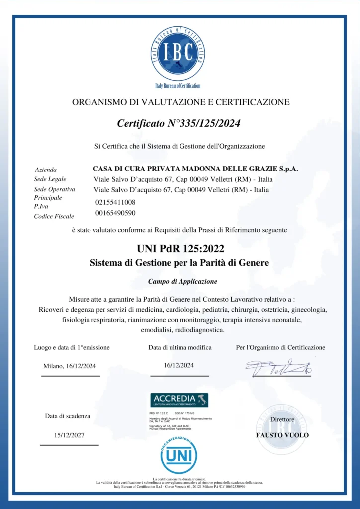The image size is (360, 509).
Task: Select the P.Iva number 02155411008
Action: pyautogui.click(x=115, y=203)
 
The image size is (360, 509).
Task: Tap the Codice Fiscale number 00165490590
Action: pyautogui.click(x=115, y=213)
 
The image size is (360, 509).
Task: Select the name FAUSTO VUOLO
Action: pyautogui.click(x=282, y=435)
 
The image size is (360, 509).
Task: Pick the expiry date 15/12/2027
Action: pyautogui.click(x=69, y=435)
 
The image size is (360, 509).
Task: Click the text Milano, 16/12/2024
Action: pyautogui.click(x=70, y=366)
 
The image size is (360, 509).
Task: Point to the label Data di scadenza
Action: pyautogui.click(x=68, y=416)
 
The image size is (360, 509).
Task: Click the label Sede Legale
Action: pyautogui.click(x=50, y=179)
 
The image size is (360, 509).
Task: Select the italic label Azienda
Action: pyautogui.click(x=46, y=170)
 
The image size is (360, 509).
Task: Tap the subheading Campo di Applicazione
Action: pyautogui.click(x=182, y=281)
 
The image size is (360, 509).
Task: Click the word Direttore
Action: pyautogui.click(x=282, y=419)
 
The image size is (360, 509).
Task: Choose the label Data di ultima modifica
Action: pyautogui.click(x=180, y=347)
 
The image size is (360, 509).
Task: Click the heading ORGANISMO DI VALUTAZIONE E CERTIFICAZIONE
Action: pyautogui.click(x=180, y=102)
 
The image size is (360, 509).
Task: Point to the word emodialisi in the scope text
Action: pyautogui.click(x=153, y=329)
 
